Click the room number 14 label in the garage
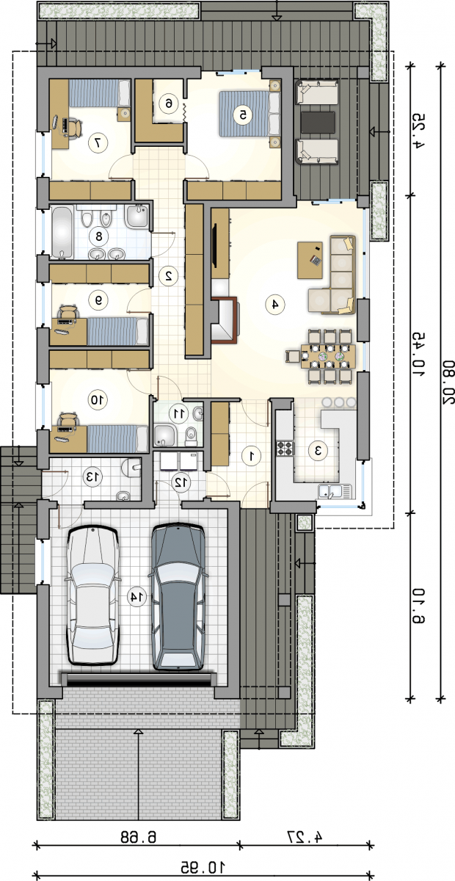point(136,597)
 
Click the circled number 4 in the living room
point(275,304)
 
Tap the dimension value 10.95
point(203,865)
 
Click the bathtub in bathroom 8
point(62,233)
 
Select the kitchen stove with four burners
point(285,448)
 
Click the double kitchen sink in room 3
point(335,491)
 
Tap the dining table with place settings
point(328,356)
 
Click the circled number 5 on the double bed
point(243,115)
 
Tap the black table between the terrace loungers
point(318,123)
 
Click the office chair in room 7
point(74,128)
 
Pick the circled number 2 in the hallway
point(168,275)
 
